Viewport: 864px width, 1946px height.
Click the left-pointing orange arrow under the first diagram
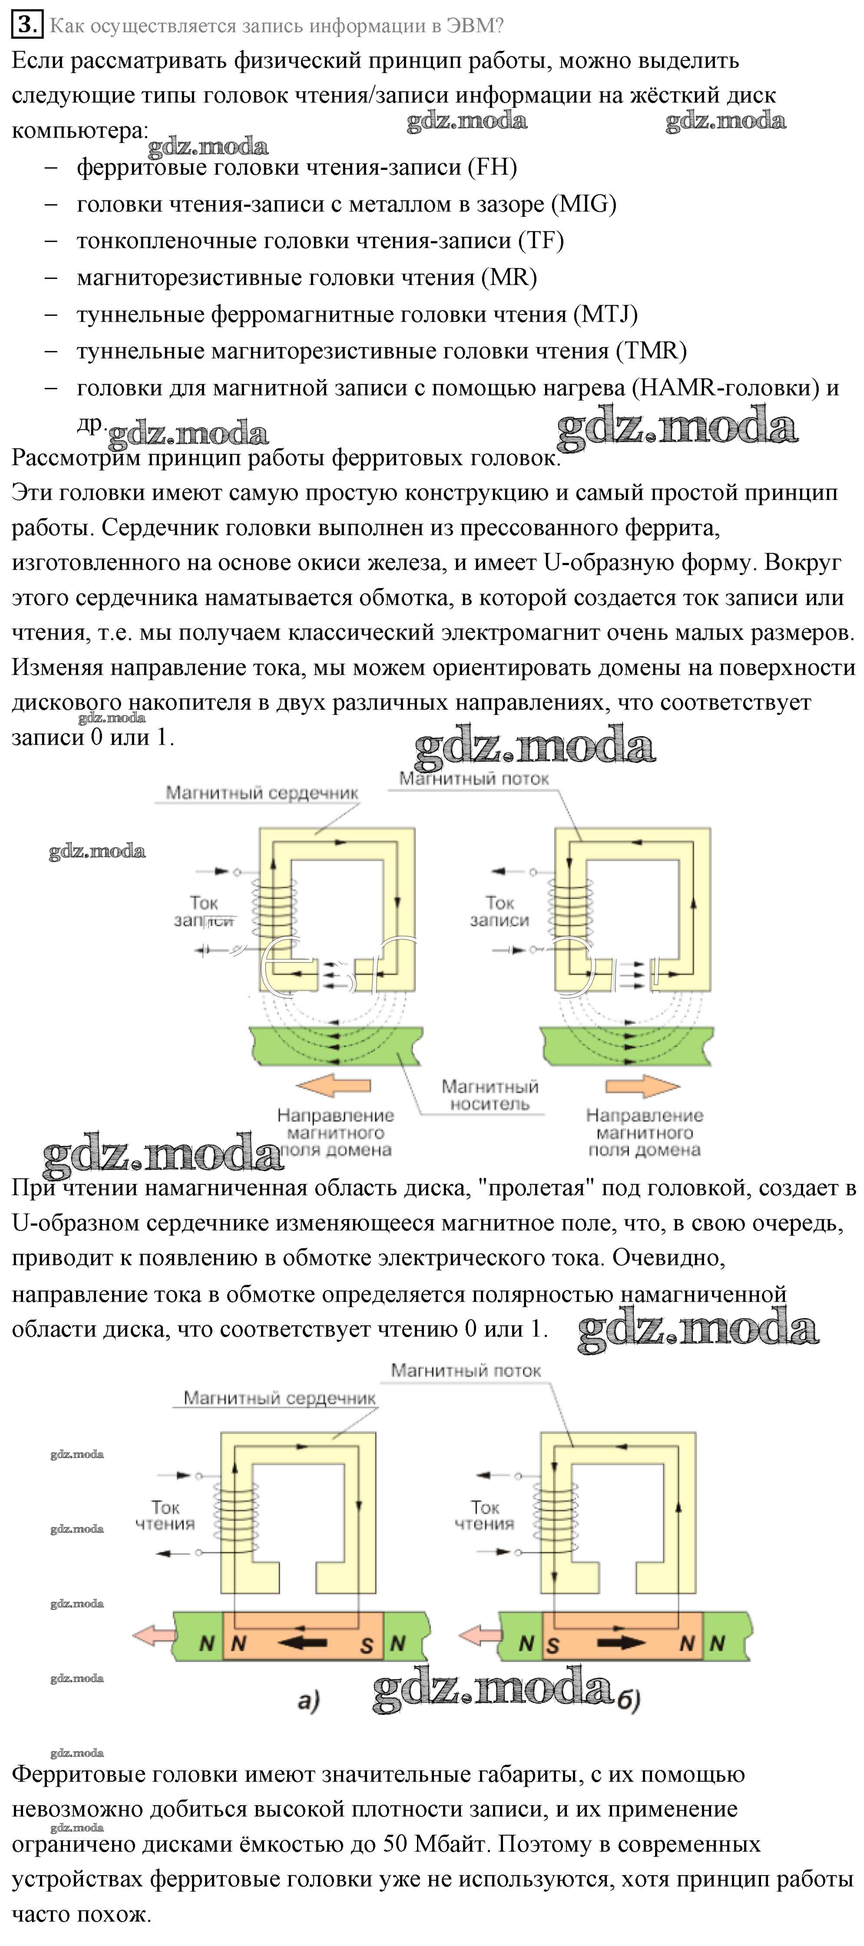[x=333, y=1086]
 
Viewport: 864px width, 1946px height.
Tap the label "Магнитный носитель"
[x=490, y=1095]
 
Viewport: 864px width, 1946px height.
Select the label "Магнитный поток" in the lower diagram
[x=466, y=1370]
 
